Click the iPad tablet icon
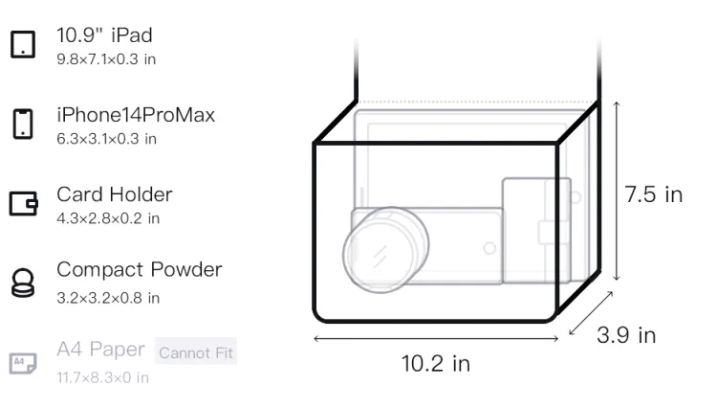(x=23, y=44)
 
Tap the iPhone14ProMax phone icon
(x=23, y=124)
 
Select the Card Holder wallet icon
(x=23, y=203)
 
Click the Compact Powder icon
(x=23, y=283)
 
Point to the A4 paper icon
(x=23, y=363)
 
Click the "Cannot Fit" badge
(x=196, y=351)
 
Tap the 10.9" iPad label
(x=104, y=35)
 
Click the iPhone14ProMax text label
(x=136, y=115)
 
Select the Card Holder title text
(x=115, y=194)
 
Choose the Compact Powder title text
(x=140, y=270)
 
